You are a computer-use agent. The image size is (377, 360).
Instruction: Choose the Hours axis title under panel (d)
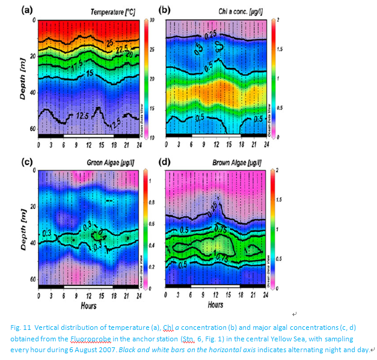215,305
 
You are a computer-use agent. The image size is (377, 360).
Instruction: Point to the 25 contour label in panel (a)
110,42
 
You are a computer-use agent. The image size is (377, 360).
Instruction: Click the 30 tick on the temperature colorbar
152,20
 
